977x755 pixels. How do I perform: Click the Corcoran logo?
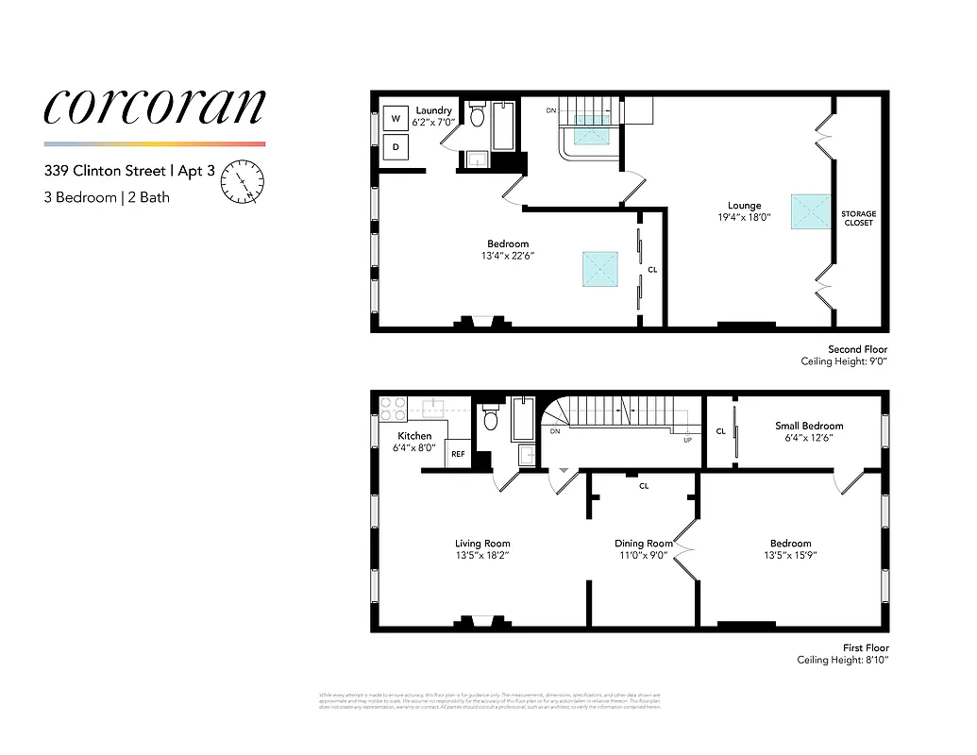click(x=154, y=108)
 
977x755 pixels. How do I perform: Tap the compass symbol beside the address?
click(x=243, y=182)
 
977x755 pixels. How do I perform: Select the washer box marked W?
click(x=396, y=119)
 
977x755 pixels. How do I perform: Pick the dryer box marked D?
click(x=396, y=147)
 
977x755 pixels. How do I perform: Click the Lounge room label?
click(x=744, y=206)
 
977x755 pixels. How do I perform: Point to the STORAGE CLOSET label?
click(x=858, y=218)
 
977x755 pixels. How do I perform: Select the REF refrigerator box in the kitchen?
click(x=458, y=454)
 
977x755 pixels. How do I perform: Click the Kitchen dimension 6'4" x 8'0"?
click(x=414, y=447)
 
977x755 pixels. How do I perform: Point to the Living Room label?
click(x=482, y=544)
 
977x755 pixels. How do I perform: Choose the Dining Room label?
click(x=644, y=544)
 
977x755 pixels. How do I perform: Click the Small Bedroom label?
click(x=809, y=426)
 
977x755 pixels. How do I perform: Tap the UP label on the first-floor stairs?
click(x=687, y=440)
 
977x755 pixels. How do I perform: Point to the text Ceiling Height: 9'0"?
click(x=844, y=361)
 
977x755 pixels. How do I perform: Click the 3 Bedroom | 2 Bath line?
click(x=107, y=197)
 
